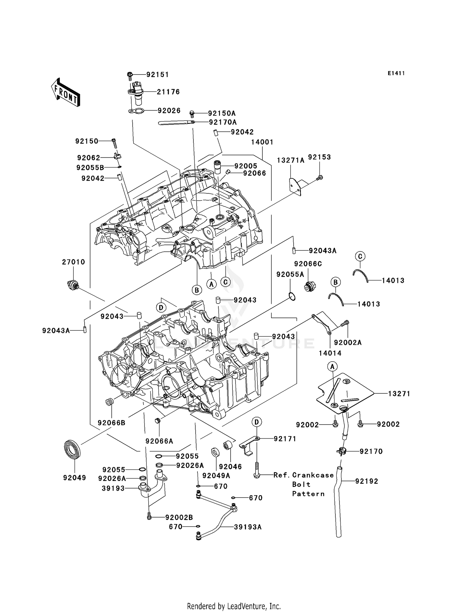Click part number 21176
coord(168,92)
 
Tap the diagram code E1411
coord(396,73)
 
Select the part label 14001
coord(262,142)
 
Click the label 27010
coord(73,262)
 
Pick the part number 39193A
coord(248,527)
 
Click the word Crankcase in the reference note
coord(313,475)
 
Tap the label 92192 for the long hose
coord(367,481)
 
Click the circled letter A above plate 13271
coord(332,366)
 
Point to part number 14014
coord(330,353)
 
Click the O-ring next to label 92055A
coord(291,296)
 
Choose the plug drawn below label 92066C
coord(310,286)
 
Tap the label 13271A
coord(290,160)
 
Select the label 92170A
coord(223,122)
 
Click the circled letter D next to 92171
coord(256,422)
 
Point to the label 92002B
coord(179,517)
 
